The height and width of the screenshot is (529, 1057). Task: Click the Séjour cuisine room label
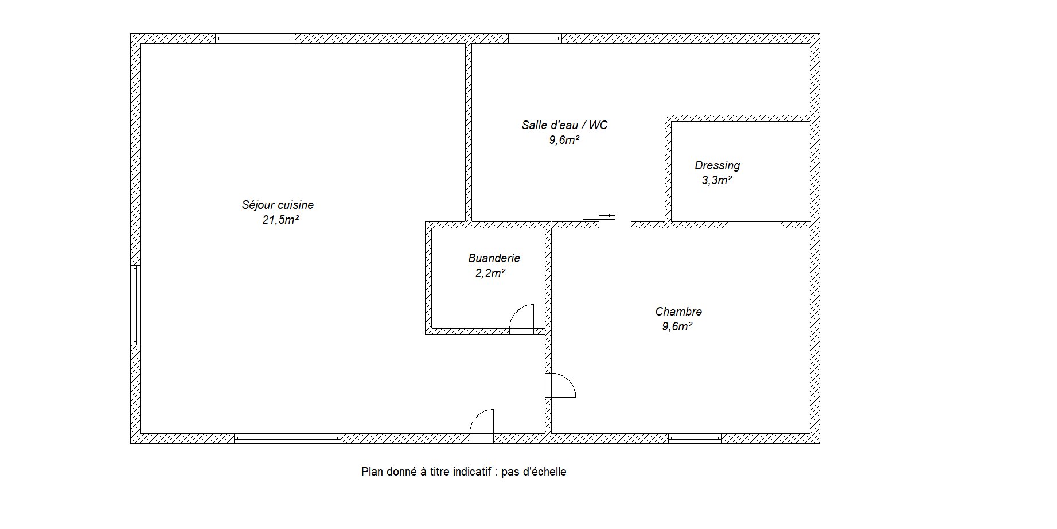click(278, 205)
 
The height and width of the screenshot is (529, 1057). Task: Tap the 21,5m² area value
click(280, 220)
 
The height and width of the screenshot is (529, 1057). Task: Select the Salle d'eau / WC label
click(564, 125)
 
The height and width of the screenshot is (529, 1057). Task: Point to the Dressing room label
click(717, 165)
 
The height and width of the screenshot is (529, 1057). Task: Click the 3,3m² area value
click(716, 180)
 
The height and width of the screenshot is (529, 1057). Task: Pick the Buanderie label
click(494, 258)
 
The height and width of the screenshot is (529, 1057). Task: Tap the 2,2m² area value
click(490, 273)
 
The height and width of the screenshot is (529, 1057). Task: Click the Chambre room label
click(678, 312)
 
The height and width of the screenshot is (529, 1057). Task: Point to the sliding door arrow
click(607, 216)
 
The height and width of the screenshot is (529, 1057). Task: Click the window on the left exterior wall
click(135, 305)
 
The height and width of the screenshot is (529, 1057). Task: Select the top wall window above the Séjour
click(255, 38)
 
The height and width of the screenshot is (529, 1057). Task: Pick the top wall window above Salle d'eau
click(535, 38)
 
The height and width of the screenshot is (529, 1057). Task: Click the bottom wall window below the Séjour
click(287, 438)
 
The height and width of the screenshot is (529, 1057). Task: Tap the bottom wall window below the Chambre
click(695, 438)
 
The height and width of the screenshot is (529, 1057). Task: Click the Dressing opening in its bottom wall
click(754, 224)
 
